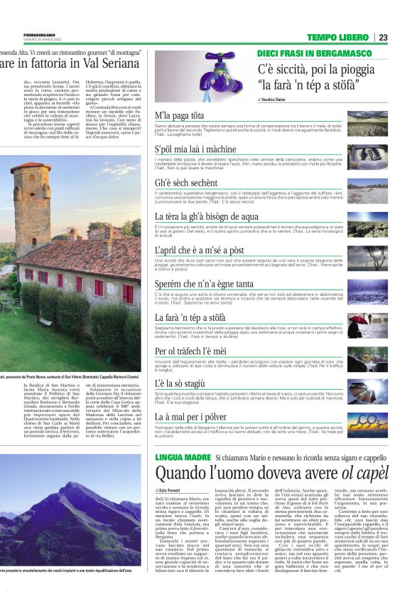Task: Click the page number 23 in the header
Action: tap(383, 38)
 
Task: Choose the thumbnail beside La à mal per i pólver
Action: tap(367, 424)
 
